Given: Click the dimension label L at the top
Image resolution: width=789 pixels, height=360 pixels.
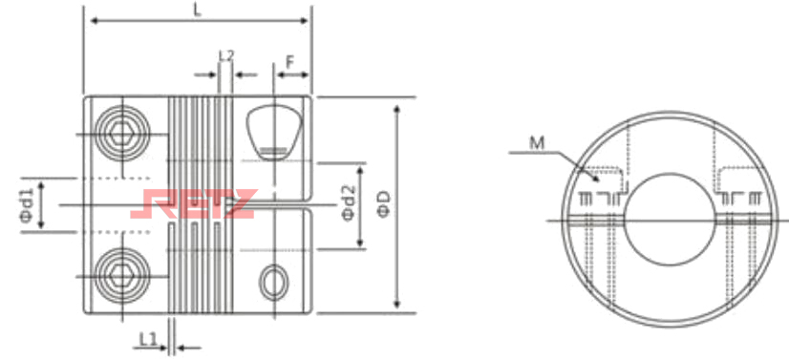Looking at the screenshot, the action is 198,11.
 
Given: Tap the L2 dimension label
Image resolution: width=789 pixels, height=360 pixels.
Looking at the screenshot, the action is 226,55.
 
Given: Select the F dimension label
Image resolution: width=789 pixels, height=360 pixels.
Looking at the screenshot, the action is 290,62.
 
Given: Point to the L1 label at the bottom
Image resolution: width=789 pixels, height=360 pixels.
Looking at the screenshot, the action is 147,340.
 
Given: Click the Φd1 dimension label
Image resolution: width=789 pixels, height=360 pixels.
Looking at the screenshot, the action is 29,204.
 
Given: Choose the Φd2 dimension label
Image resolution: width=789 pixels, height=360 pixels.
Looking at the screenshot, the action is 349,202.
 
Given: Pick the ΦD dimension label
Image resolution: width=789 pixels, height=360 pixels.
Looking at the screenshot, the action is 383,204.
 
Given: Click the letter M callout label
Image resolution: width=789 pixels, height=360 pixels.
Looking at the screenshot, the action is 537,144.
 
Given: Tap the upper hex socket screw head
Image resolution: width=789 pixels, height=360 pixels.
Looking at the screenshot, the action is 121,134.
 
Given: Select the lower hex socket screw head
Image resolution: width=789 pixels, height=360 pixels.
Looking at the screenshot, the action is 121,276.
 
